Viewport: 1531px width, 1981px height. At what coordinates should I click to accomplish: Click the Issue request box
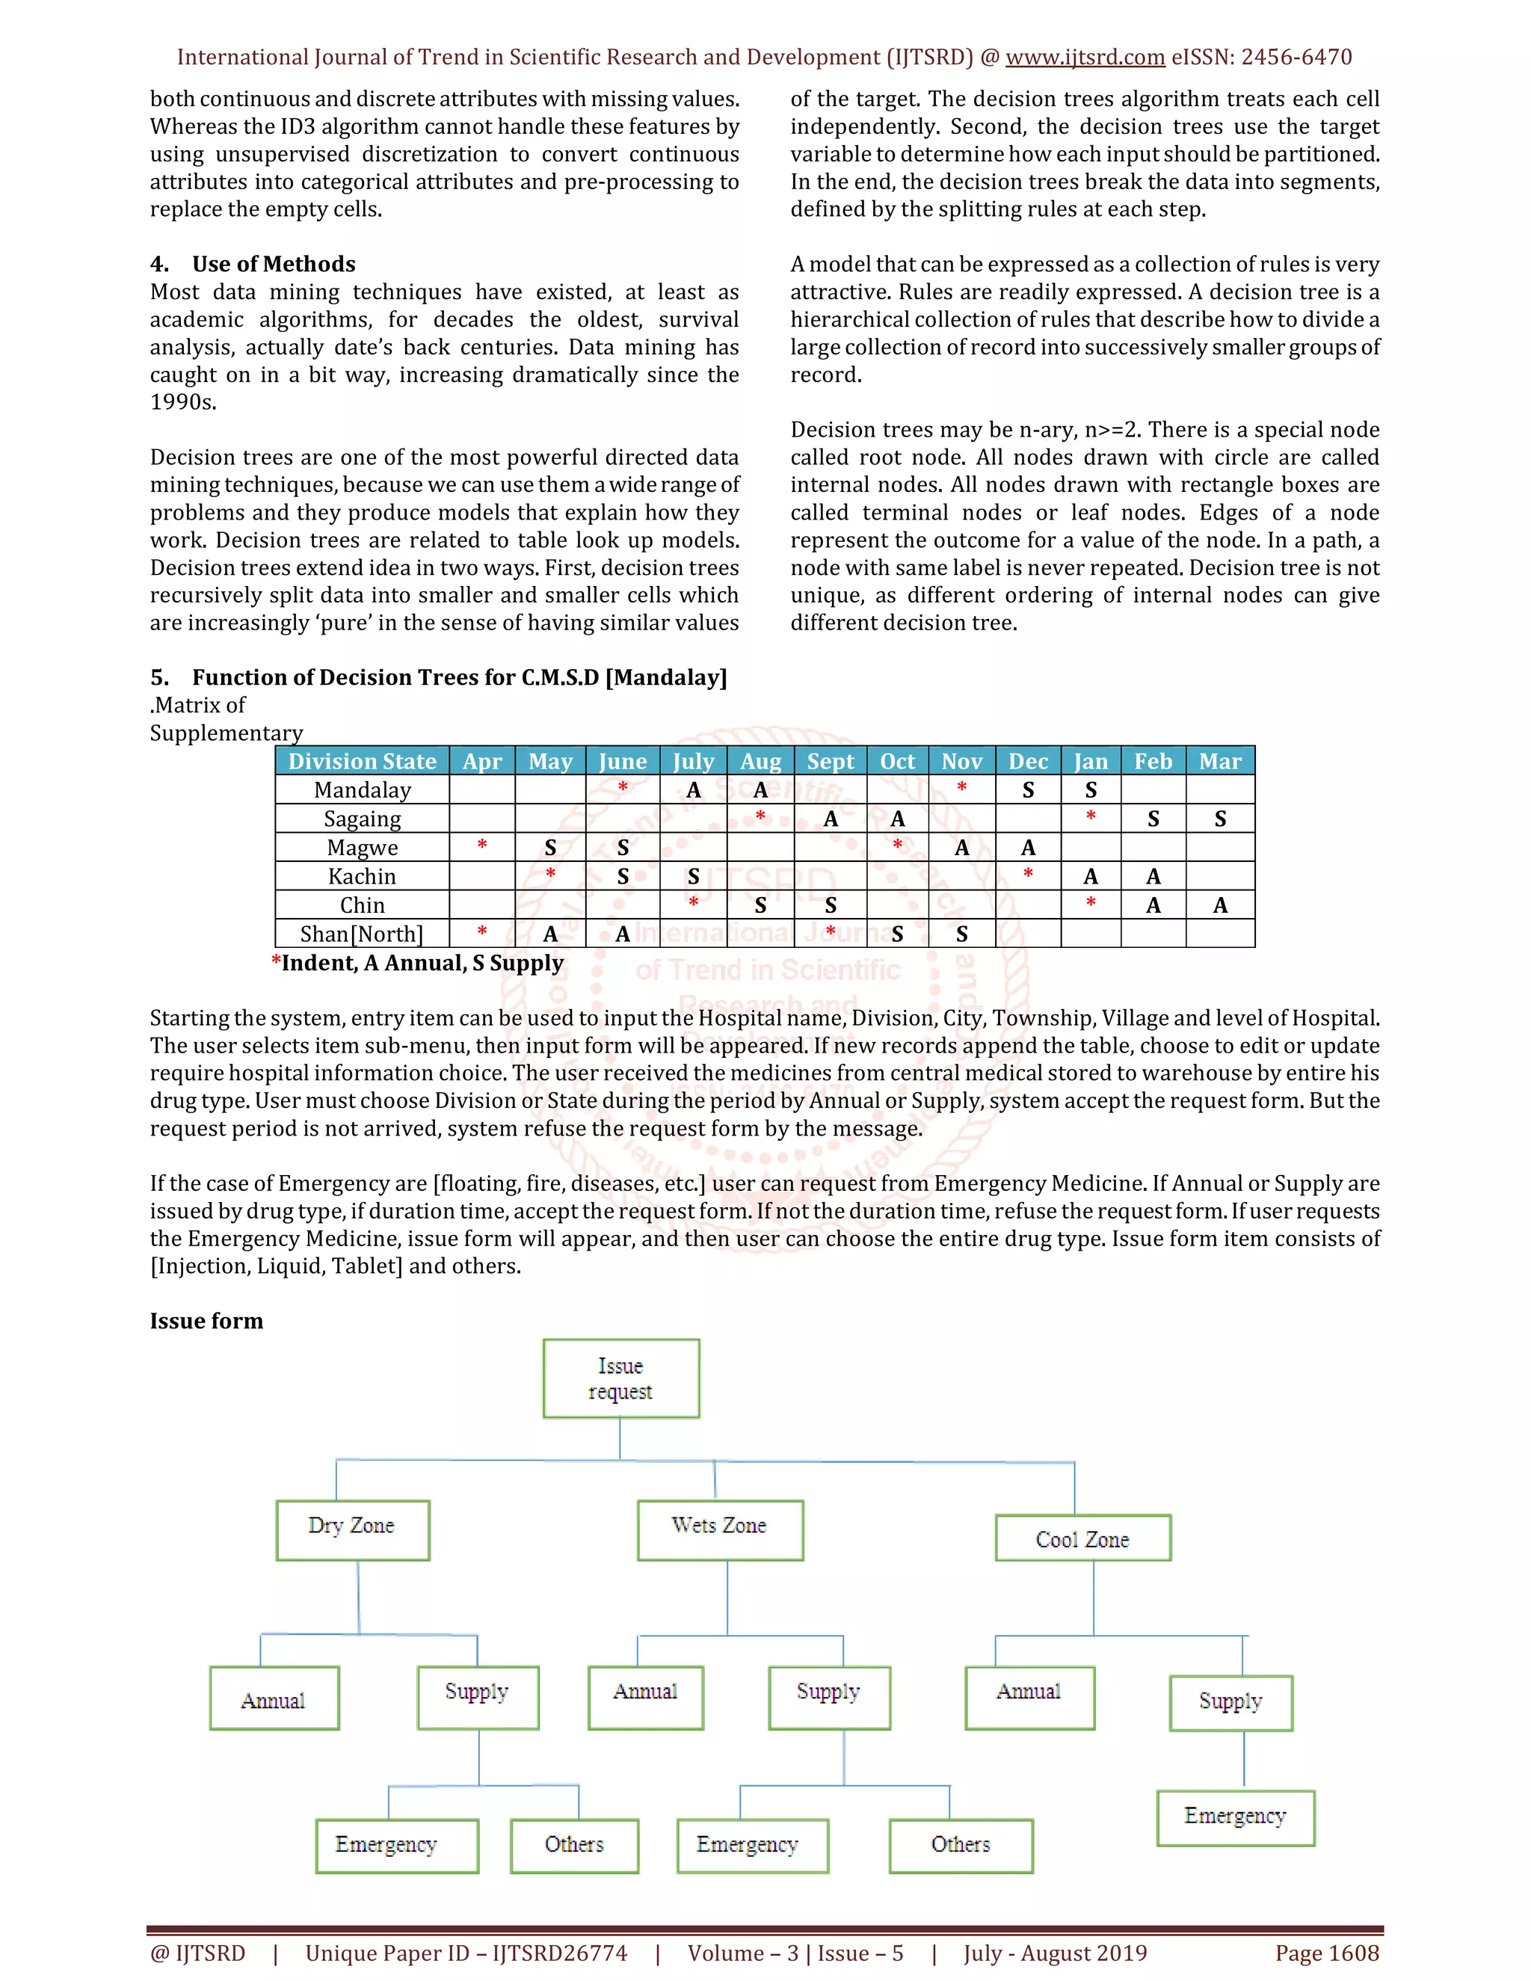pos(620,1378)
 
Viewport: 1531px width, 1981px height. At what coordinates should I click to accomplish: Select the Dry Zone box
pos(352,1530)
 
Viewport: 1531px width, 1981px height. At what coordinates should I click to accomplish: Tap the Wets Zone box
pos(720,1530)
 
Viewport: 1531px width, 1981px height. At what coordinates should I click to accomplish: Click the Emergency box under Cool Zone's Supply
pos(1235,1818)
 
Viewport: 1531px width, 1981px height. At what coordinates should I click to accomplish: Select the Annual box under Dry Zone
pos(274,1698)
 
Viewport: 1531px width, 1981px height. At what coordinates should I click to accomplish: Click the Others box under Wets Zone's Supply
pos(961,1845)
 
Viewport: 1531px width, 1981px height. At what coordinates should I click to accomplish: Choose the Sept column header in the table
pos(830,761)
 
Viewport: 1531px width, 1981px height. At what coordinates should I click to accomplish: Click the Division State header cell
pos(362,761)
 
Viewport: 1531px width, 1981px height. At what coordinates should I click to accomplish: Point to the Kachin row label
pos(362,876)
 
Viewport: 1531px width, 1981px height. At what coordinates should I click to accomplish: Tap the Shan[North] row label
pos(362,934)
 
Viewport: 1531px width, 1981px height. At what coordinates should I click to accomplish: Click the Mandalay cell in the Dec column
pos(1028,790)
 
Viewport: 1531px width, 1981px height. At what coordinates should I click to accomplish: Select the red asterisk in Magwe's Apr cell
pos(481,845)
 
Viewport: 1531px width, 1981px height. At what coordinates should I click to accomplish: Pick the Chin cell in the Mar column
pos(1220,905)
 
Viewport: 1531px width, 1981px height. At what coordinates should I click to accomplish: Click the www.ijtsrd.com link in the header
pos(1085,57)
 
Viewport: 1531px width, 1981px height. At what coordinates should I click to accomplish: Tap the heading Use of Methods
pos(273,264)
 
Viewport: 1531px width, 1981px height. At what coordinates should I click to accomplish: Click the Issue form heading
pos(207,1321)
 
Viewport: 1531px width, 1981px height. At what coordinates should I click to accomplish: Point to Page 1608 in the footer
pos(1326,1953)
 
